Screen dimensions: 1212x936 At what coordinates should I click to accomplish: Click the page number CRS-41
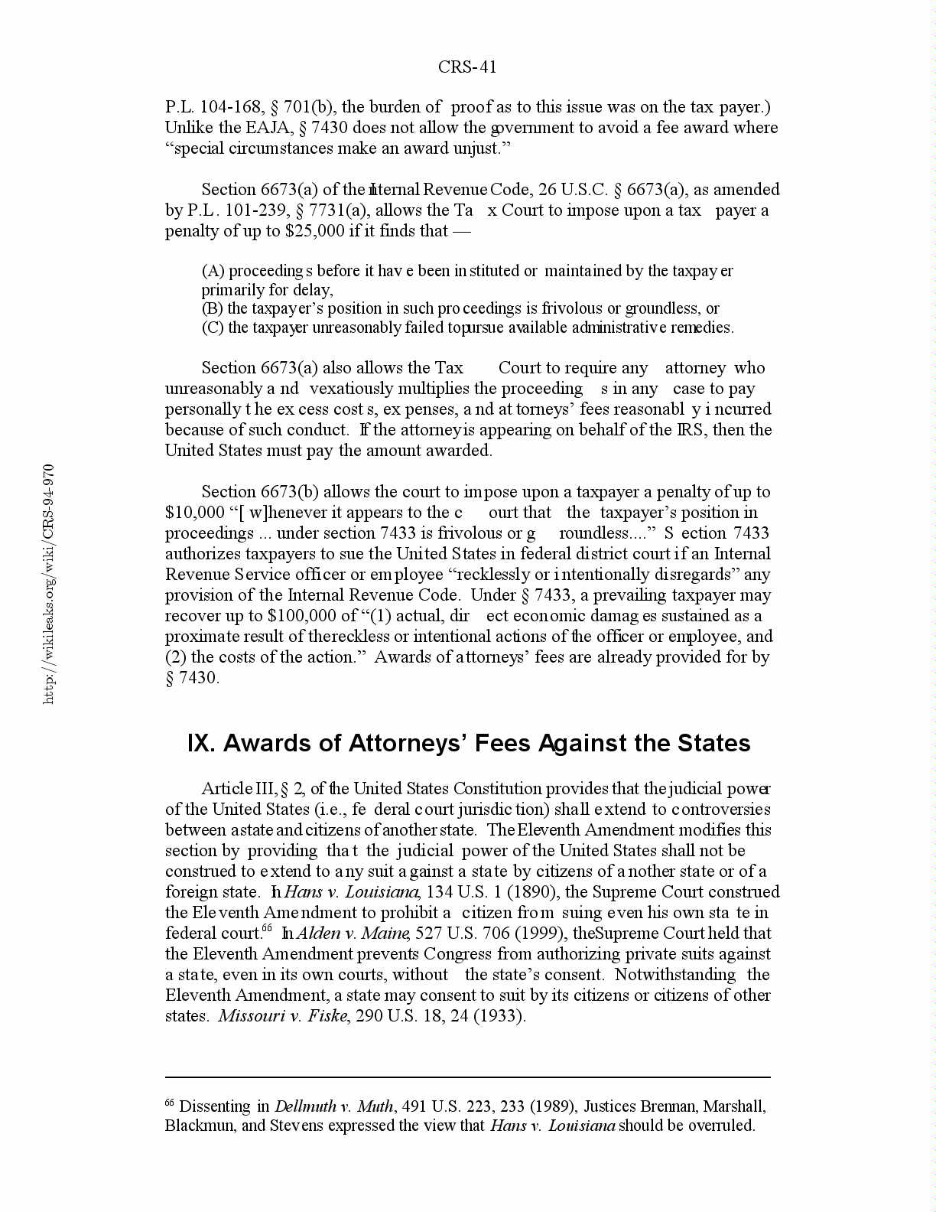[x=467, y=67]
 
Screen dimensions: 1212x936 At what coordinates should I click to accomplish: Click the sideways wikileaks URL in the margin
[x=49, y=583]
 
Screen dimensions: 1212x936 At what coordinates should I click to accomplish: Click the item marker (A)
[x=213, y=271]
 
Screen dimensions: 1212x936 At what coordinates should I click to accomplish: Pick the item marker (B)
[x=213, y=308]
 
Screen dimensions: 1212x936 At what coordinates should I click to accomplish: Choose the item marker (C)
[x=213, y=327]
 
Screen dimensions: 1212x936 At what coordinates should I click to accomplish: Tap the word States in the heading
[x=714, y=744]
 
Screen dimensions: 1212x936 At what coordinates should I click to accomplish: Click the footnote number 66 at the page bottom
[x=170, y=1103]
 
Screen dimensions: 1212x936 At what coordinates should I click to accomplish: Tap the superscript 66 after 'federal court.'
[x=267, y=929]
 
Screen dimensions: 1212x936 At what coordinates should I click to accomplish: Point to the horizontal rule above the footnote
[x=467, y=1077]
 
